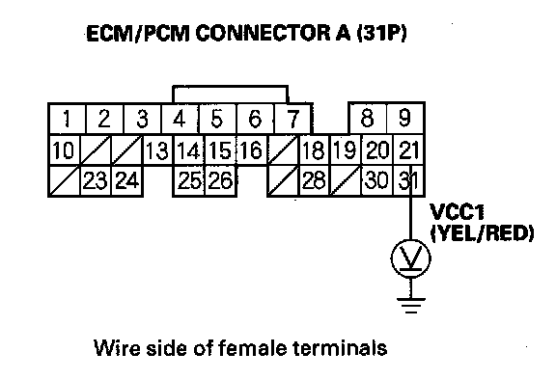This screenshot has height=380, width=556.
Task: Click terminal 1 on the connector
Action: click(x=67, y=119)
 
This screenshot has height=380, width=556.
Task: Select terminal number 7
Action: click(x=292, y=119)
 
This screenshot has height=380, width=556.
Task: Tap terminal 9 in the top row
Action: click(x=405, y=119)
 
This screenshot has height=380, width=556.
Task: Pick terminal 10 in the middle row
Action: click(x=64, y=149)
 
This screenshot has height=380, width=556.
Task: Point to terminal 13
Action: click(x=157, y=149)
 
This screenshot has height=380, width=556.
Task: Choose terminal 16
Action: click(x=252, y=149)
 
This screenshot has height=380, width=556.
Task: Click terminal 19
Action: click(x=346, y=149)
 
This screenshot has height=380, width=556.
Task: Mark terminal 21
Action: click(x=408, y=149)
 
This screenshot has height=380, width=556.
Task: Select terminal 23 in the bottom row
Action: click(x=96, y=180)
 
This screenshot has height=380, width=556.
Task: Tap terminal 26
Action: click(x=220, y=180)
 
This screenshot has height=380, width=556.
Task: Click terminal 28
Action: click(x=315, y=180)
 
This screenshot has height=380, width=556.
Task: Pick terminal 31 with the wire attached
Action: click(x=408, y=180)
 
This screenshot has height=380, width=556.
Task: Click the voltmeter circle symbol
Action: click(x=411, y=258)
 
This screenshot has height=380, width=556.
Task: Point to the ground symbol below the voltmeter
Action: click(x=411, y=306)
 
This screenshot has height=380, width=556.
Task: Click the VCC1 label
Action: click(x=457, y=212)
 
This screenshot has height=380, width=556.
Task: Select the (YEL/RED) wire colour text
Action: click(x=482, y=233)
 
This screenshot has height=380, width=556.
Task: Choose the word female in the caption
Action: click(x=252, y=348)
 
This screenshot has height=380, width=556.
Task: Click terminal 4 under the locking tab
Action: click(x=180, y=119)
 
